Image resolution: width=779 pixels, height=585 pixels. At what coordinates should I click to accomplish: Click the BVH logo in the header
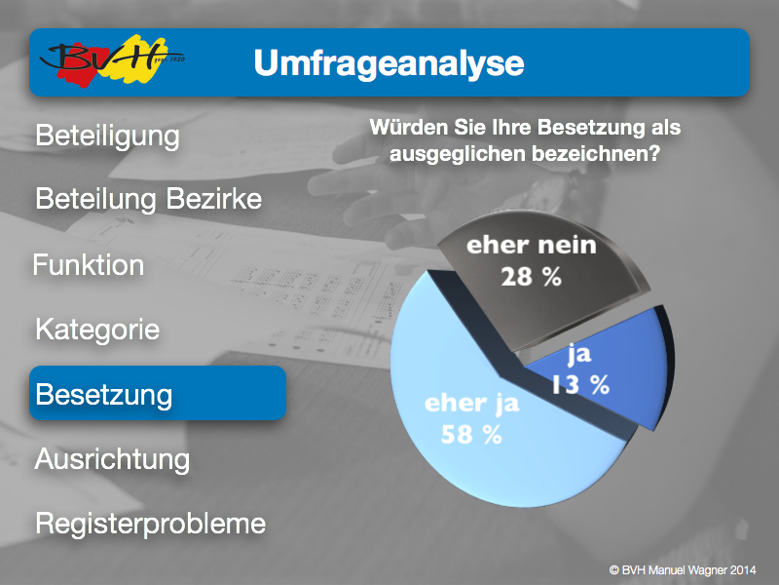pos(112,60)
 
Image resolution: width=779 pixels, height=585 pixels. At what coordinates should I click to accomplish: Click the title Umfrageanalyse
pos(389,63)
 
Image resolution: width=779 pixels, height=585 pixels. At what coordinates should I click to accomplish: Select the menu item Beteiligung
pos(107,136)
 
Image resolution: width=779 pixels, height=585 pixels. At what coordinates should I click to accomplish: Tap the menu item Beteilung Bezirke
pos(149,199)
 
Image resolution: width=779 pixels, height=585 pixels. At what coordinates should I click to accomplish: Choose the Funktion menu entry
pos(89,264)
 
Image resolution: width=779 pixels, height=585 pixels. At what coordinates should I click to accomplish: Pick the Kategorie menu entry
pos(97,330)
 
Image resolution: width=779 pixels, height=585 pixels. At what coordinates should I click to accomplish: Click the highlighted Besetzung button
pos(158,393)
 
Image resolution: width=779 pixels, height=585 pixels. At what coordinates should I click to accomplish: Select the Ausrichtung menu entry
pos(112,459)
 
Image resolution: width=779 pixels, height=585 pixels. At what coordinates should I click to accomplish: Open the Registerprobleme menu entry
pos(151,524)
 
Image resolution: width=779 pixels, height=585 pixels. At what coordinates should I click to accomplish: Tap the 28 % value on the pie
pos(531,277)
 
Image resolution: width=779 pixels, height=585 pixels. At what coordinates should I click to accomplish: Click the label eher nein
pos(531,246)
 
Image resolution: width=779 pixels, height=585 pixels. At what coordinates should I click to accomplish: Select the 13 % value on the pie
pos(580,384)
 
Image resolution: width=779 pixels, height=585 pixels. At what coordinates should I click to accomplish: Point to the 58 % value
pos(471,434)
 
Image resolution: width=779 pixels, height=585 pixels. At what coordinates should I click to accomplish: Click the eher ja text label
pos(472,404)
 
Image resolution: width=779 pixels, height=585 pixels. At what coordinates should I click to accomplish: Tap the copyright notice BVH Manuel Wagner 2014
pos(683,570)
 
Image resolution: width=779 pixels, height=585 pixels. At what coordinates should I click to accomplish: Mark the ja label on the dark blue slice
pos(579,354)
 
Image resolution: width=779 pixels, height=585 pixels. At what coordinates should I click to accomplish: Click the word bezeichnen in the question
pos(596,154)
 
